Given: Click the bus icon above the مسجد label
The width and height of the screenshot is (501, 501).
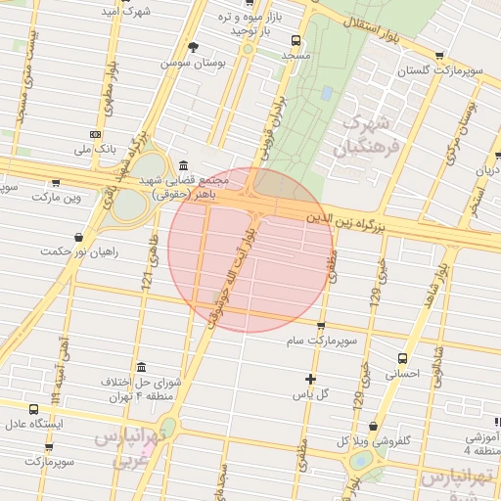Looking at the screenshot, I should tap(296, 41).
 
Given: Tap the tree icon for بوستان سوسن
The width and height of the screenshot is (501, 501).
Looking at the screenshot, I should tap(192, 47).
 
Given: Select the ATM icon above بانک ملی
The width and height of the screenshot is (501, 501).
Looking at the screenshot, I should tap(95, 134).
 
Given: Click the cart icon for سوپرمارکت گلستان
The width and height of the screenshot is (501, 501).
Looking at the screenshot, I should tap(438, 56).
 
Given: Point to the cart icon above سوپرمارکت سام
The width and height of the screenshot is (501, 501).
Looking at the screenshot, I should tap(321, 326).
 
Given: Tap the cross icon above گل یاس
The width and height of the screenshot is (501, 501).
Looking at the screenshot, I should tap(311, 379).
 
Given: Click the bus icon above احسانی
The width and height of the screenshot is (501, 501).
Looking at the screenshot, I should tap(401, 358).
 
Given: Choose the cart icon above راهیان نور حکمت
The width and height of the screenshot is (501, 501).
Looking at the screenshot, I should tap(79, 236).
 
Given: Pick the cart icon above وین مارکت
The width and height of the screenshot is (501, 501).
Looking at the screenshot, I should tap(56, 181).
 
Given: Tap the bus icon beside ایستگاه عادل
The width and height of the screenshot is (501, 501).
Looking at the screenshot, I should tap(34, 409).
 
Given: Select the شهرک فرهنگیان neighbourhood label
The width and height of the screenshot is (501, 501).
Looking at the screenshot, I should tap(367, 136).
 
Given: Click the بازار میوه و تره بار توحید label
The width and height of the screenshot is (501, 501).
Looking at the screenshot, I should tap(238, 24).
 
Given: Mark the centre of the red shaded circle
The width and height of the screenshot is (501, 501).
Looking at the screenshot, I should tap(247, 250).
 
